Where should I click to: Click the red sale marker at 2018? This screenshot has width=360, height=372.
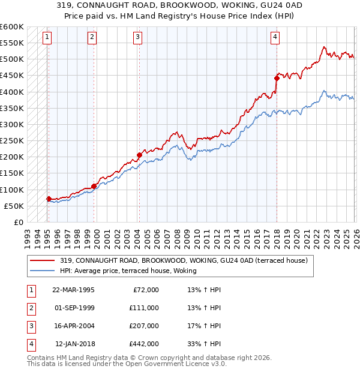[x=277, y=78]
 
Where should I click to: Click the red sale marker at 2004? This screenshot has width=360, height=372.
[x=139, y=155]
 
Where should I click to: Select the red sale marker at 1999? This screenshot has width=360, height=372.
[x=94, y=186]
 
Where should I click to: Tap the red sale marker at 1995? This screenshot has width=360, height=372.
[x=49, y=199]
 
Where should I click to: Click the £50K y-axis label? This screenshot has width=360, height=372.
[x=14, y=206]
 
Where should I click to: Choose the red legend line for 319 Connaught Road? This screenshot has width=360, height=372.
[x=41, y=260]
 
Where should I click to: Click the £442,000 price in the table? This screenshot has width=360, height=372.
[x=144, y=344]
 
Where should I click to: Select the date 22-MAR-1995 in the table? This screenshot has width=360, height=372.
[x=73, y=290]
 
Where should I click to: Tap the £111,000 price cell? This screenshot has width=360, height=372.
[x=144, y=308]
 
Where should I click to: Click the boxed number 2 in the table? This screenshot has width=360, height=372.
[x=31, y=308]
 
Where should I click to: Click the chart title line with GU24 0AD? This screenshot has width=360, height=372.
[x=180, y=5]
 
